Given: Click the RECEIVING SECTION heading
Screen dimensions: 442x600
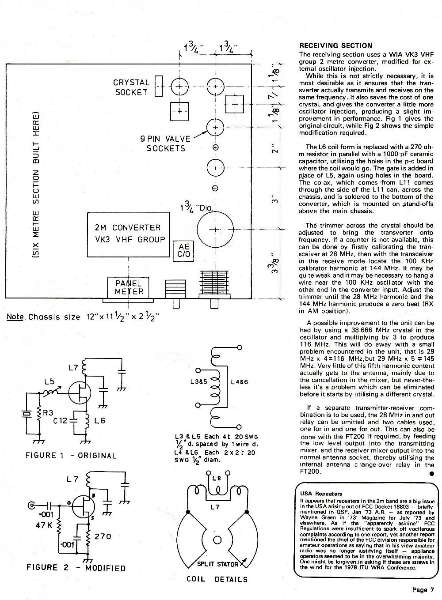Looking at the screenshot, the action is coord(335,46).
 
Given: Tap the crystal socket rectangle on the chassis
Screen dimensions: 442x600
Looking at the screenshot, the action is coord(159,86).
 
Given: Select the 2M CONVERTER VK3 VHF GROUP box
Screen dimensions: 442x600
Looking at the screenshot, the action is coord(129,234).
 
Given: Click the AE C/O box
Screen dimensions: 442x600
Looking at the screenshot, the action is coord(183,250).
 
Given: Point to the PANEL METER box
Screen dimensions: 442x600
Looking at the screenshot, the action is coord(128,287).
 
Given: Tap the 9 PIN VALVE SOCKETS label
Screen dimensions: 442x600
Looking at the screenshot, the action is coord(165,143).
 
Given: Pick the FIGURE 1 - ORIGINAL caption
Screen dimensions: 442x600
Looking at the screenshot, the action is coord(71,455).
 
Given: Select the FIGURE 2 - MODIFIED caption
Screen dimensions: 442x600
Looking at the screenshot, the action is coord(76,568).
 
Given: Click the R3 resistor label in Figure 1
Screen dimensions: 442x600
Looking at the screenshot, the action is coord(48,413).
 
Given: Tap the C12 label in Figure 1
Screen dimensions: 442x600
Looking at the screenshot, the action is coord(60,421).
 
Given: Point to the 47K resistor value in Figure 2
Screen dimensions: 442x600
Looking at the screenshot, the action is coord(44,525).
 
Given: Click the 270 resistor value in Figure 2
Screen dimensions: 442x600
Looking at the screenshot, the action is coord(103,536).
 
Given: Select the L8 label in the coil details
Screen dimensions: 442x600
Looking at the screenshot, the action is coord(217,478).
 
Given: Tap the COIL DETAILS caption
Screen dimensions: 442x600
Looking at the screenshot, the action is coord(217,579).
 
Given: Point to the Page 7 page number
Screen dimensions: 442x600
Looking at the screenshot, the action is coord(423,589).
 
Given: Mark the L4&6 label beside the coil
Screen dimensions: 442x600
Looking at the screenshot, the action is coord(239,382).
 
